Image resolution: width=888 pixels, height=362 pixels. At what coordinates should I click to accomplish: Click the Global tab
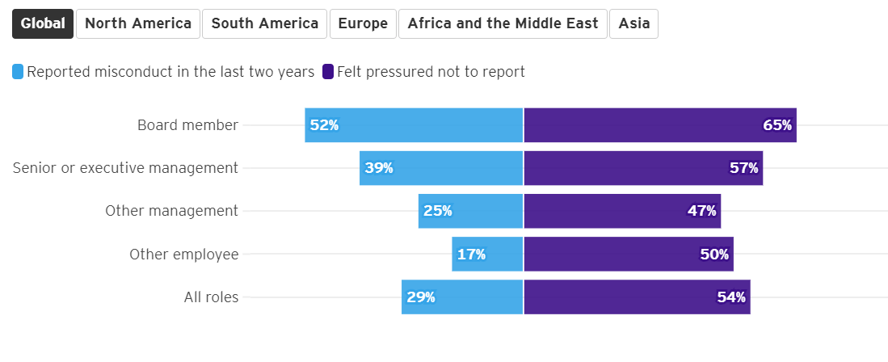pos(43,23)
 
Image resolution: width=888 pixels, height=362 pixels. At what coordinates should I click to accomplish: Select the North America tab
pos(138,23)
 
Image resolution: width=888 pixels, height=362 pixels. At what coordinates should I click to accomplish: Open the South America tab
pos(265,23)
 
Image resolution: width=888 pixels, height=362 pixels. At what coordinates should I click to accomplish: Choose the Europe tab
pos(363,23)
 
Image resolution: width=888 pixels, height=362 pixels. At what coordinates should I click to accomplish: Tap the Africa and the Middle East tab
pos(503,23)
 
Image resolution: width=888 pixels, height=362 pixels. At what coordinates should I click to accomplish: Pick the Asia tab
pos(634,23)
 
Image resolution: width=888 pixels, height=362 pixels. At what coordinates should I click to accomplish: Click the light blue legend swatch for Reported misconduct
pos(18,72)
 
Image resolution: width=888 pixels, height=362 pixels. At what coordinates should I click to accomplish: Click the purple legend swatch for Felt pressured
pos(328,72)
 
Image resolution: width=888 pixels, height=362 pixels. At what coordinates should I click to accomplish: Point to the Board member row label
pos(187,125)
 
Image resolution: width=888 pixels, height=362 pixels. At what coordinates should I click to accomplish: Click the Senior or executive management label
pos(125,168)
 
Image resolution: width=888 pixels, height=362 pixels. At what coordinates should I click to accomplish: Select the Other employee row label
pos(184,255)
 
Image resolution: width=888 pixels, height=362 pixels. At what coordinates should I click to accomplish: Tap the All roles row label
pos(211,297)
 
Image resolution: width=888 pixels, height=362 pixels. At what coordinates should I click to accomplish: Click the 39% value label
pos(379,168)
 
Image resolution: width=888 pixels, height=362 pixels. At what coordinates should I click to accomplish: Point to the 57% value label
pos(744,168)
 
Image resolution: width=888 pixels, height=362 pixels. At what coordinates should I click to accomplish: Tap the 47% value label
pos(701,211)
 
